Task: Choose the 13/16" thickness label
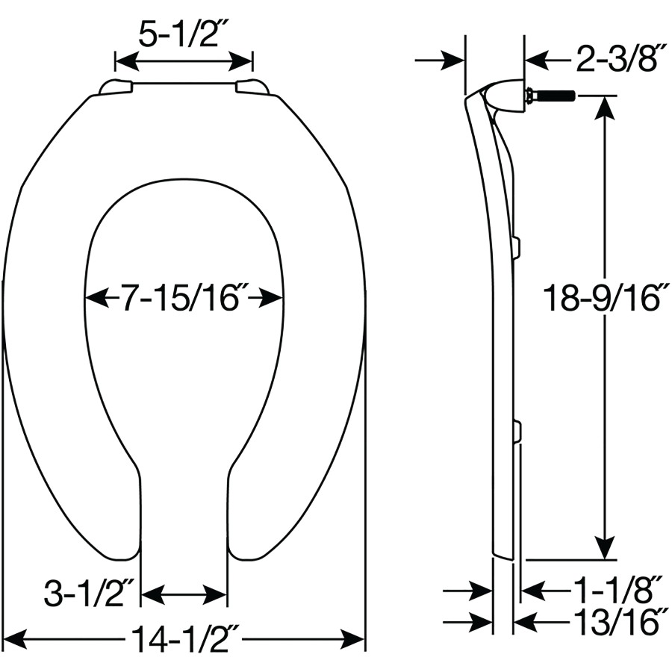(615, 622)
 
